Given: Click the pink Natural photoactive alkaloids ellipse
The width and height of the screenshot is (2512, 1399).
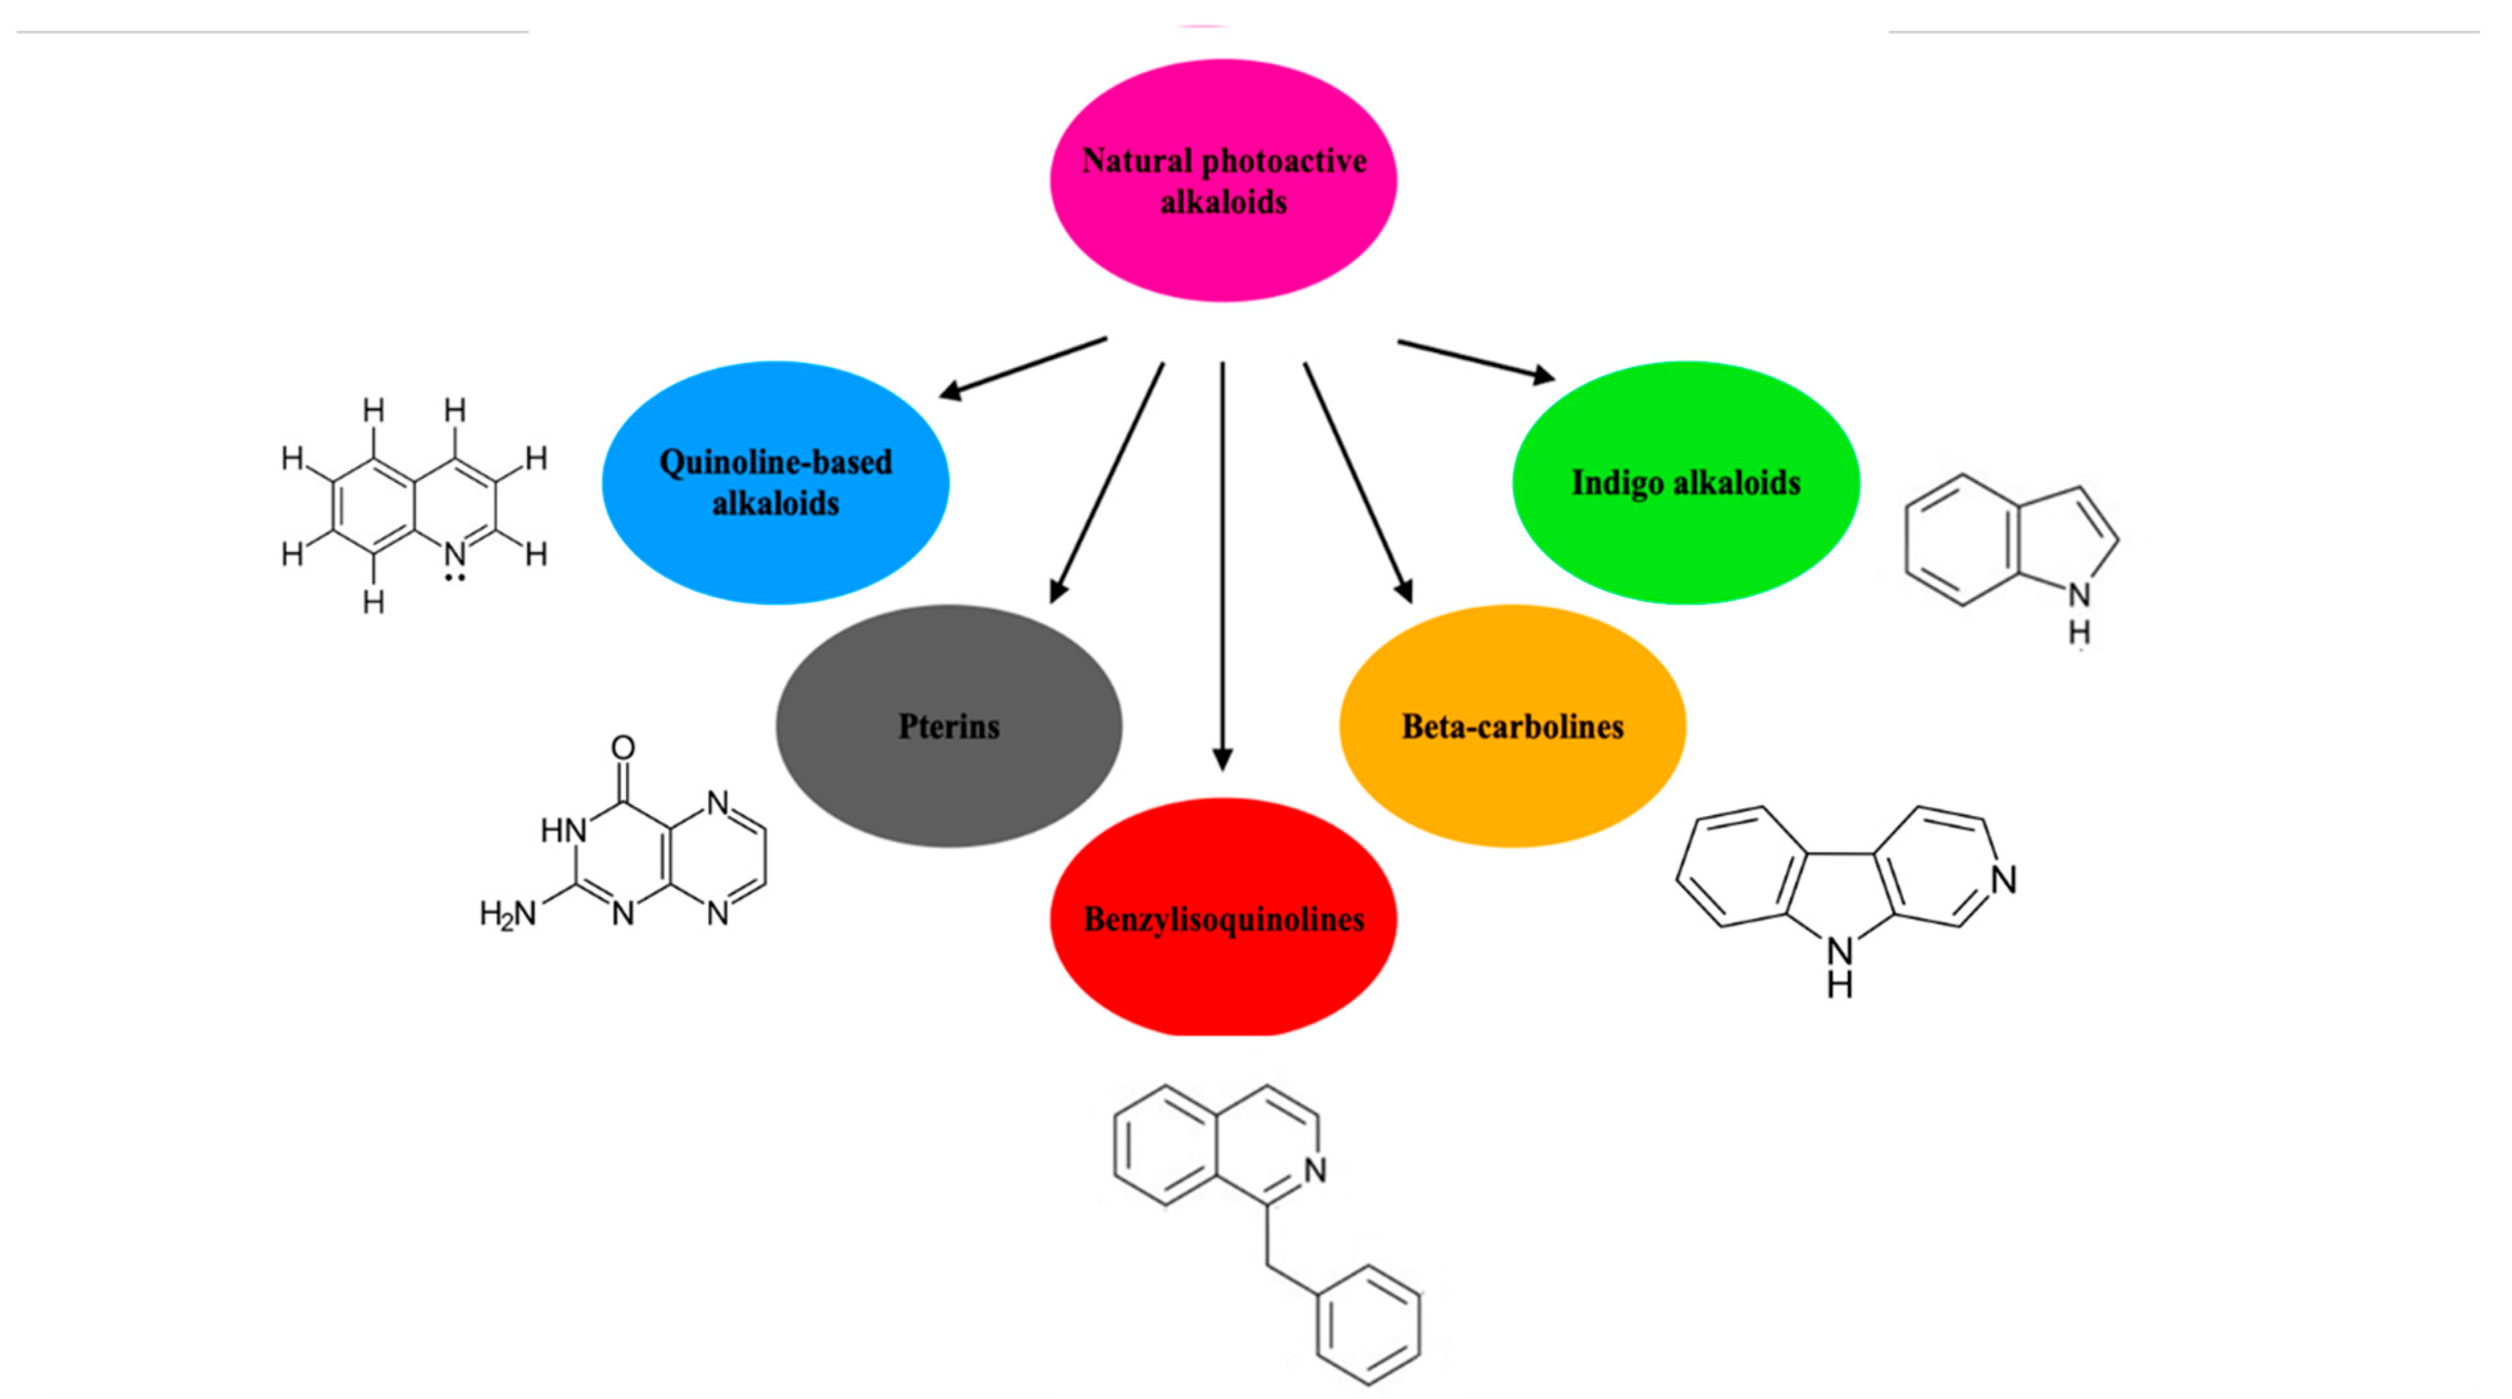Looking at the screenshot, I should [x=1223, y=181].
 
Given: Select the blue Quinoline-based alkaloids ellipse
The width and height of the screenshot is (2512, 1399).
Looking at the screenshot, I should [x=775, y=482].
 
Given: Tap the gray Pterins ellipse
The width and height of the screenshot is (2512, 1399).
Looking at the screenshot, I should [x=949, y=726].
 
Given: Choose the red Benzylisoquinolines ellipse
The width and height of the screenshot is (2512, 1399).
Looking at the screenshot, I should [x=1223, y=919].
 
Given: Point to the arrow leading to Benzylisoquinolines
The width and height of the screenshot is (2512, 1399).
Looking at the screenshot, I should [x=1223, y=566].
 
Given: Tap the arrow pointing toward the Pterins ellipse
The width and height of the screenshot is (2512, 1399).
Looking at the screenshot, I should [x=1107, y=482].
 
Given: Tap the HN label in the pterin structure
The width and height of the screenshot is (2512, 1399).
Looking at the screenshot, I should [x=564, y=831].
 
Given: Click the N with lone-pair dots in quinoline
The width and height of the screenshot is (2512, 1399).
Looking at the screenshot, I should [x=454, y=556].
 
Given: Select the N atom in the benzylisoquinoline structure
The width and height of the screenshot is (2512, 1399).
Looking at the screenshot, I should [x=1315, y=1170].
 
